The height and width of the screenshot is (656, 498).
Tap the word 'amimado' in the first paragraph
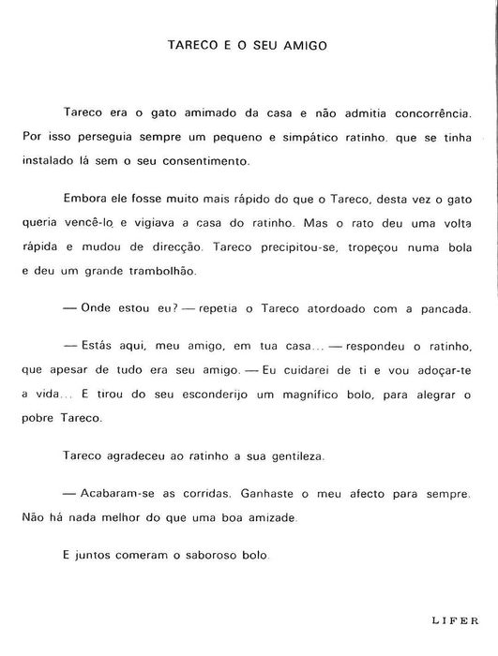click(198, 112)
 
